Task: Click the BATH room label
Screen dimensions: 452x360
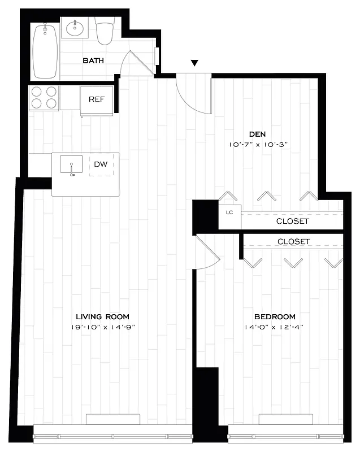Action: [93, 60]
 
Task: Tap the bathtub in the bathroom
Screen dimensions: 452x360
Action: [45, 51]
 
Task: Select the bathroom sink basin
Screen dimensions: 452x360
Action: [74, 27]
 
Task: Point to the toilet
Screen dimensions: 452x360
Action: [104, 32]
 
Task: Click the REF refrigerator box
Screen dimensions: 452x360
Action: [97, 99]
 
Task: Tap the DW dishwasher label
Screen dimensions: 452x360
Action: [101, 164]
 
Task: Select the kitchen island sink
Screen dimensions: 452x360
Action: [72, 165]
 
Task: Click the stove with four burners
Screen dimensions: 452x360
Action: [44, 97]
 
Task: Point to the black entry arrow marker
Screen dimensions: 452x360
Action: [195, 63]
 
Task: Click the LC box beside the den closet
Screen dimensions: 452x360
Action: [229, 213]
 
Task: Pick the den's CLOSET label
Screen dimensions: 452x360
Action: [292, 221]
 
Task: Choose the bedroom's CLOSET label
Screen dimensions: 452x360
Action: [293, 241]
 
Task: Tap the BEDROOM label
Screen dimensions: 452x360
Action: [274, 317]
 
